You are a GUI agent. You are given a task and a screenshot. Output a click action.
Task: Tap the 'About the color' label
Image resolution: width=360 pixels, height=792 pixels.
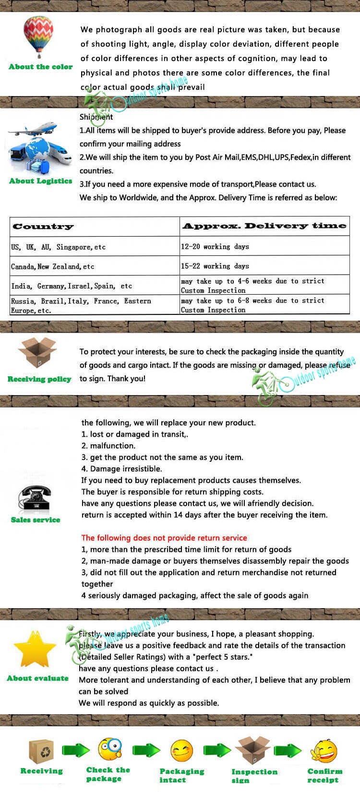pos(41,67)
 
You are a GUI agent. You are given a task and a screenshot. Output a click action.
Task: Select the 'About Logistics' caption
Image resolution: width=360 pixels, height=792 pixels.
pos(41,181)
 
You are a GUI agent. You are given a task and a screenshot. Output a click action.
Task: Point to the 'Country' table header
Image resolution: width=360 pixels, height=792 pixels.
pos(43,227)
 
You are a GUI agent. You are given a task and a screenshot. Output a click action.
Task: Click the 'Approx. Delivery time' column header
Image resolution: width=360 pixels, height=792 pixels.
pos(264,226)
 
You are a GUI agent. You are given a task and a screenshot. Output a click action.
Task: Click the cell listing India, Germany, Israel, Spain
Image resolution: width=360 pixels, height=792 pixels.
pos(72,286)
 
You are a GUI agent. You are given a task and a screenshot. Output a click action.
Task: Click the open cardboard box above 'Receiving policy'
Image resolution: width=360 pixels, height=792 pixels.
pos(37,353)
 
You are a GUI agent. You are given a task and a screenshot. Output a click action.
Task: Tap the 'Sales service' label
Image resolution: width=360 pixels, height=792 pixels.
pos(36,520)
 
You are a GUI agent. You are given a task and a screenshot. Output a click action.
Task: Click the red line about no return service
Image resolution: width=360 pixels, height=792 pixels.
pos(164,538)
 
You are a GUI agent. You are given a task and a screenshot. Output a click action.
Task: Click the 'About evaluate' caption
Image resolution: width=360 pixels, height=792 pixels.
pos(37,678)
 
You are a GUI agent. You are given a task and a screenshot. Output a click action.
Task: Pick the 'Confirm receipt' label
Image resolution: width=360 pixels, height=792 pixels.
pos(325,775)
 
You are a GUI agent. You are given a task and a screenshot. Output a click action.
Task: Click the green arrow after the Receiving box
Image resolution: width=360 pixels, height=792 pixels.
pos(76,750)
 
